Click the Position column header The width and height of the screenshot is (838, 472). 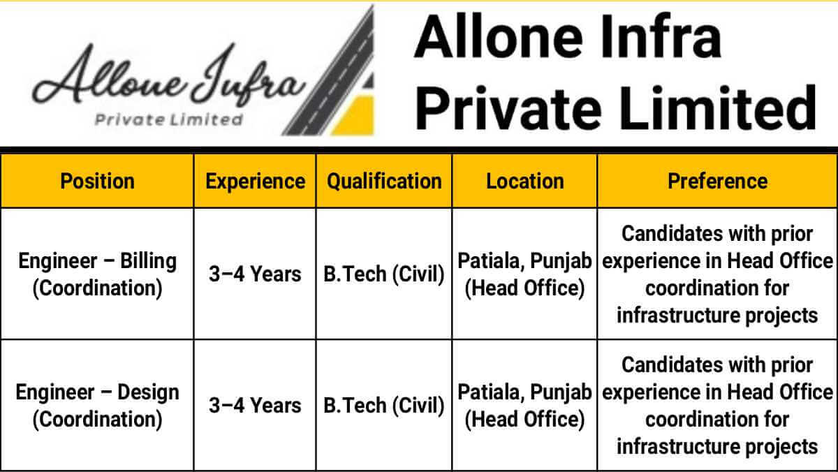coord(97,182)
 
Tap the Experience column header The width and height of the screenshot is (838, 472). coord(255,182)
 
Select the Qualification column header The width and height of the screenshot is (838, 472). coord(384,182)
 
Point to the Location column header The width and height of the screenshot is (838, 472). coord(525,182)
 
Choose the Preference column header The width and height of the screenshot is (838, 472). coord(718,182)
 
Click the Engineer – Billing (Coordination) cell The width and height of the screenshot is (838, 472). coord(97,274)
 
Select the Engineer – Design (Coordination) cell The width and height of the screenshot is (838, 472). coord(97,406)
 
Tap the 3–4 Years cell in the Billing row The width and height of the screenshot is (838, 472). coord(255,274)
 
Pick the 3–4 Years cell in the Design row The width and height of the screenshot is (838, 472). coord(255,405)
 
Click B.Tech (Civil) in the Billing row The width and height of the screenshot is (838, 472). coord(384,274)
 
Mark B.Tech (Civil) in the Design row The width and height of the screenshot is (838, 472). coord(384,406)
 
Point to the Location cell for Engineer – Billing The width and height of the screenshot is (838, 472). coord(524,274)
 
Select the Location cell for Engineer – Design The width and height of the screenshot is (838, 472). coord(524,406)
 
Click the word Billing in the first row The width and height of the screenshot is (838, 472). coord(148,261)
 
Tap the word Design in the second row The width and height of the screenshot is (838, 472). coord(148,393)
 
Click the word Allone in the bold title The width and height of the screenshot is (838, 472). coord(499,38)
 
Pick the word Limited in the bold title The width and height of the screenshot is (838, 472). coord(718,108)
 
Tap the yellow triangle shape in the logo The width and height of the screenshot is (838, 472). coord(353,115)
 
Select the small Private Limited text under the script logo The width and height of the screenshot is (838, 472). coord(169,119)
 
